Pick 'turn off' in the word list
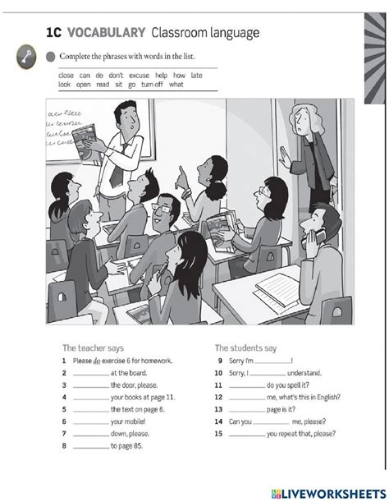click(x=152, y=84)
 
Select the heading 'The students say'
click(x=246, y=348)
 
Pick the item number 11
click(x=217, y=385)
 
